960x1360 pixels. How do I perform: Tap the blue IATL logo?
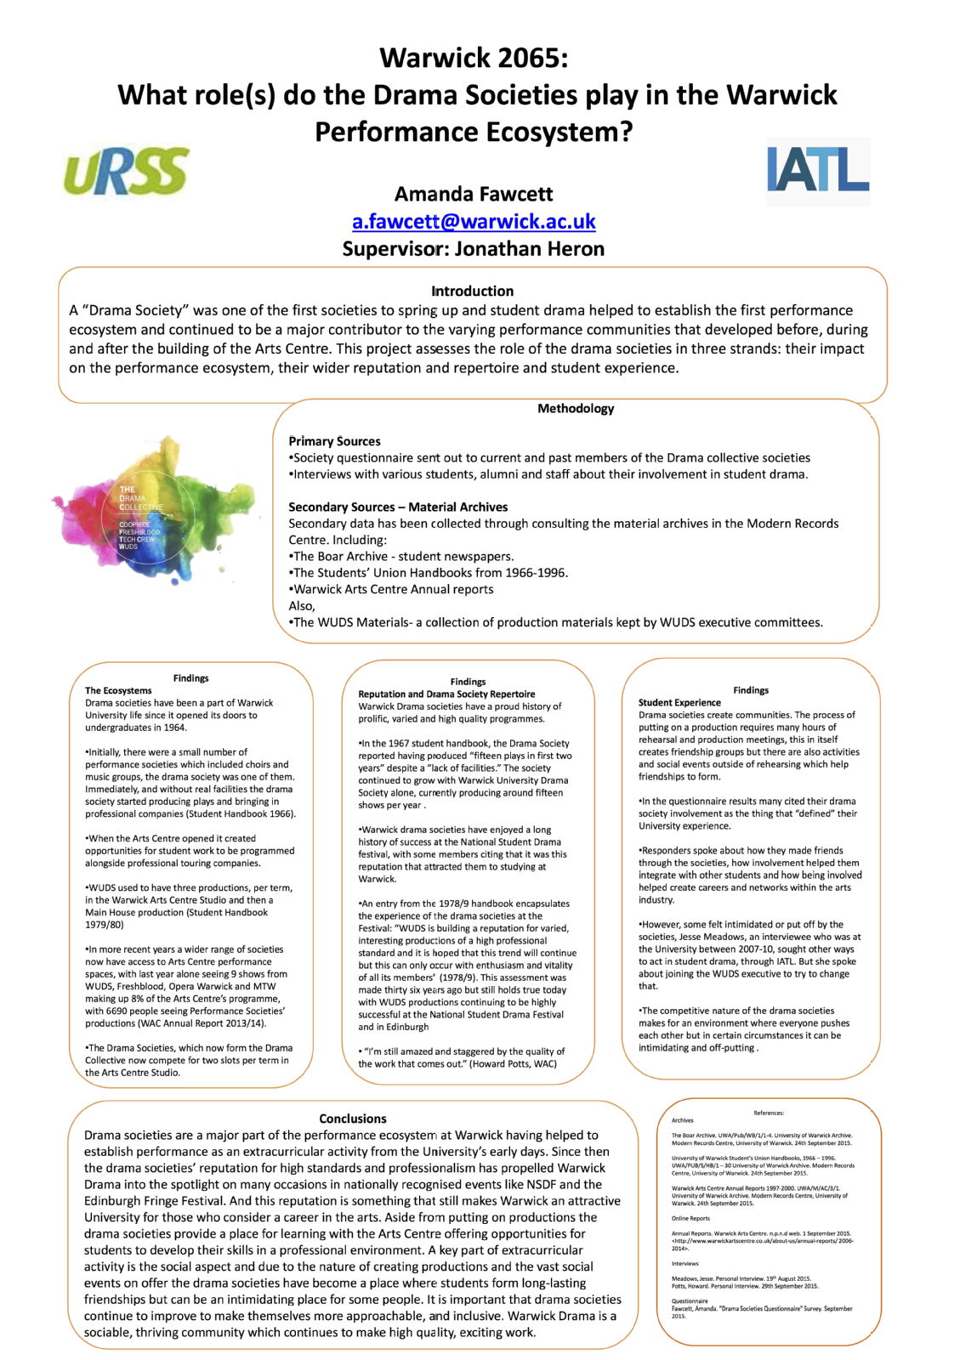(x=818, y=170)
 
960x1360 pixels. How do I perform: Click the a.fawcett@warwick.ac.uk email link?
(x=474, y=222)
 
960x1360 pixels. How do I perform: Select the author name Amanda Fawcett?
(x=474, y=194)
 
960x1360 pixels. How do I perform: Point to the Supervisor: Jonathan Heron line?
(x=474, y=249)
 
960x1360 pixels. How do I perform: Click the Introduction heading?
(x=472, y=291)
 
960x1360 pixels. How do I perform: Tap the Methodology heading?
(x=576, y=409)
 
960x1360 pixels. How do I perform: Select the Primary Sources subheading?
(x=334, y=441)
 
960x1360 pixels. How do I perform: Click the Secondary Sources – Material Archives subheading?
(x=398, y=507)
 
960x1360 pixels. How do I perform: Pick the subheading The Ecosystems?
(x=118, y=690)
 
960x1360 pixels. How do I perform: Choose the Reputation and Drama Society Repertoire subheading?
(x=446, y=694)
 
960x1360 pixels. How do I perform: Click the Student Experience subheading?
(x=679, y=703)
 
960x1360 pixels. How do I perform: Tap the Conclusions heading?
(x=352, y=1119)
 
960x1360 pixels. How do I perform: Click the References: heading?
(x=769, y=1113)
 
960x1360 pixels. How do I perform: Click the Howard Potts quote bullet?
(x=461, y=1057)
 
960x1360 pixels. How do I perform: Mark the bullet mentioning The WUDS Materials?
(x=557, y=622)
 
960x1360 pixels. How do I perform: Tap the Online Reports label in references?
(x=690, y=1218)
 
